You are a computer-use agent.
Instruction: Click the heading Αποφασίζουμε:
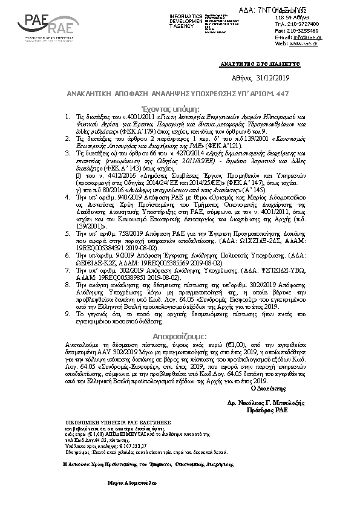180,336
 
